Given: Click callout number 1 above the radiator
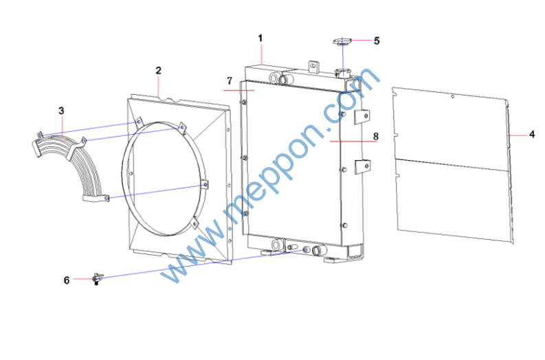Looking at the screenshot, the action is pyautogui.click(x=260, y=38).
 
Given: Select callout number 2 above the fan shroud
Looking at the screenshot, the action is pyautogui.click(x=159, y=71).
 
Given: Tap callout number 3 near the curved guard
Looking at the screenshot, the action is pyautogui.click(x=62, y=111).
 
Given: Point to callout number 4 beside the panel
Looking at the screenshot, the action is pyautogui.click(x=532, y=134).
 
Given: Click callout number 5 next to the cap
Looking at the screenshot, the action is pyautogui.click(x=377, y=41).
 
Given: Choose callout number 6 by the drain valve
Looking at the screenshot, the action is pyautogui.click(x=67, y=280).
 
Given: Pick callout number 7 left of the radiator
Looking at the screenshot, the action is pyautogui.click(x=230, y=80).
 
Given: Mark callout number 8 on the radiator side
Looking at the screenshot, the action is pyautogui.click(x=376, y=136).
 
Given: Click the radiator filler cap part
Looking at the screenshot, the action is pyautogui.click(x=343, y=42).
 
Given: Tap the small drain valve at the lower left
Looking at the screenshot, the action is pyautogui.click(x=98, y=279).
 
